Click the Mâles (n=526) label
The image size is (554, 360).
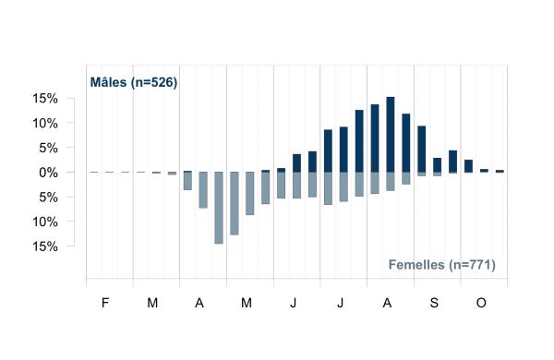(134, 82)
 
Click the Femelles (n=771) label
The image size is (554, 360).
(441, 265)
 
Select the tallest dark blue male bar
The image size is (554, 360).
(391, 134)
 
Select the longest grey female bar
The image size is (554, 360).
(219, 208)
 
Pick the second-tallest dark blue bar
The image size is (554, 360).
(375, 138)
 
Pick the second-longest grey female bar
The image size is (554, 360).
(235, 203)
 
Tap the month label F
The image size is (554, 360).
(105, 303)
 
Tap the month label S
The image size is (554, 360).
(434, 303)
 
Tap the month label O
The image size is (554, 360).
(481, 303)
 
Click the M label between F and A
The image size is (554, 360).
(152, 303)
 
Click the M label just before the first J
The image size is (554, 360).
(247, 303)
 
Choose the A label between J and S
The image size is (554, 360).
(387, 303)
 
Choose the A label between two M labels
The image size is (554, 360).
(199, 303)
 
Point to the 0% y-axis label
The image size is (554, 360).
(48, 173)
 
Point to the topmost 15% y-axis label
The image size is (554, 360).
(45, 99)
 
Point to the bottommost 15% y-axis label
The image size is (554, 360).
(45, 246)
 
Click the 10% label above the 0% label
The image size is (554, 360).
(45, 124)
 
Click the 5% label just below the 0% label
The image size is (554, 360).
(48, 198)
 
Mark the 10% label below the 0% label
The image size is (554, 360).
(45, 222)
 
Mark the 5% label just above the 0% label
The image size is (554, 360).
(48, 148)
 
